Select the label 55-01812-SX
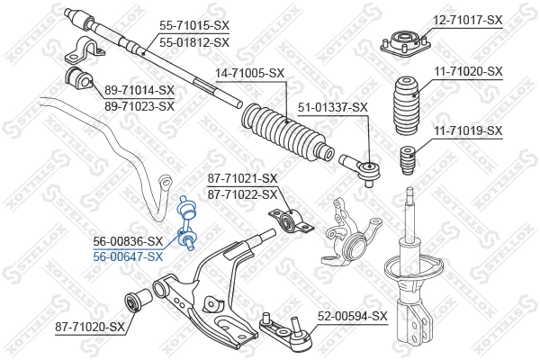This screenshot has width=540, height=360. click(193, 41)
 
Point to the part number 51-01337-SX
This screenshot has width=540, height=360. click(335, 107)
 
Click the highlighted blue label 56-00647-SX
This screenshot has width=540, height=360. click(129, 256)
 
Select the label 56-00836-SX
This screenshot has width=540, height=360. click(129, 241)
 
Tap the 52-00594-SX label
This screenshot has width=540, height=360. click(353, 316)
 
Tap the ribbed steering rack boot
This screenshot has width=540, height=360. click(287, 130)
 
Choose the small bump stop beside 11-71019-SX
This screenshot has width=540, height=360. click(404, 162)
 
